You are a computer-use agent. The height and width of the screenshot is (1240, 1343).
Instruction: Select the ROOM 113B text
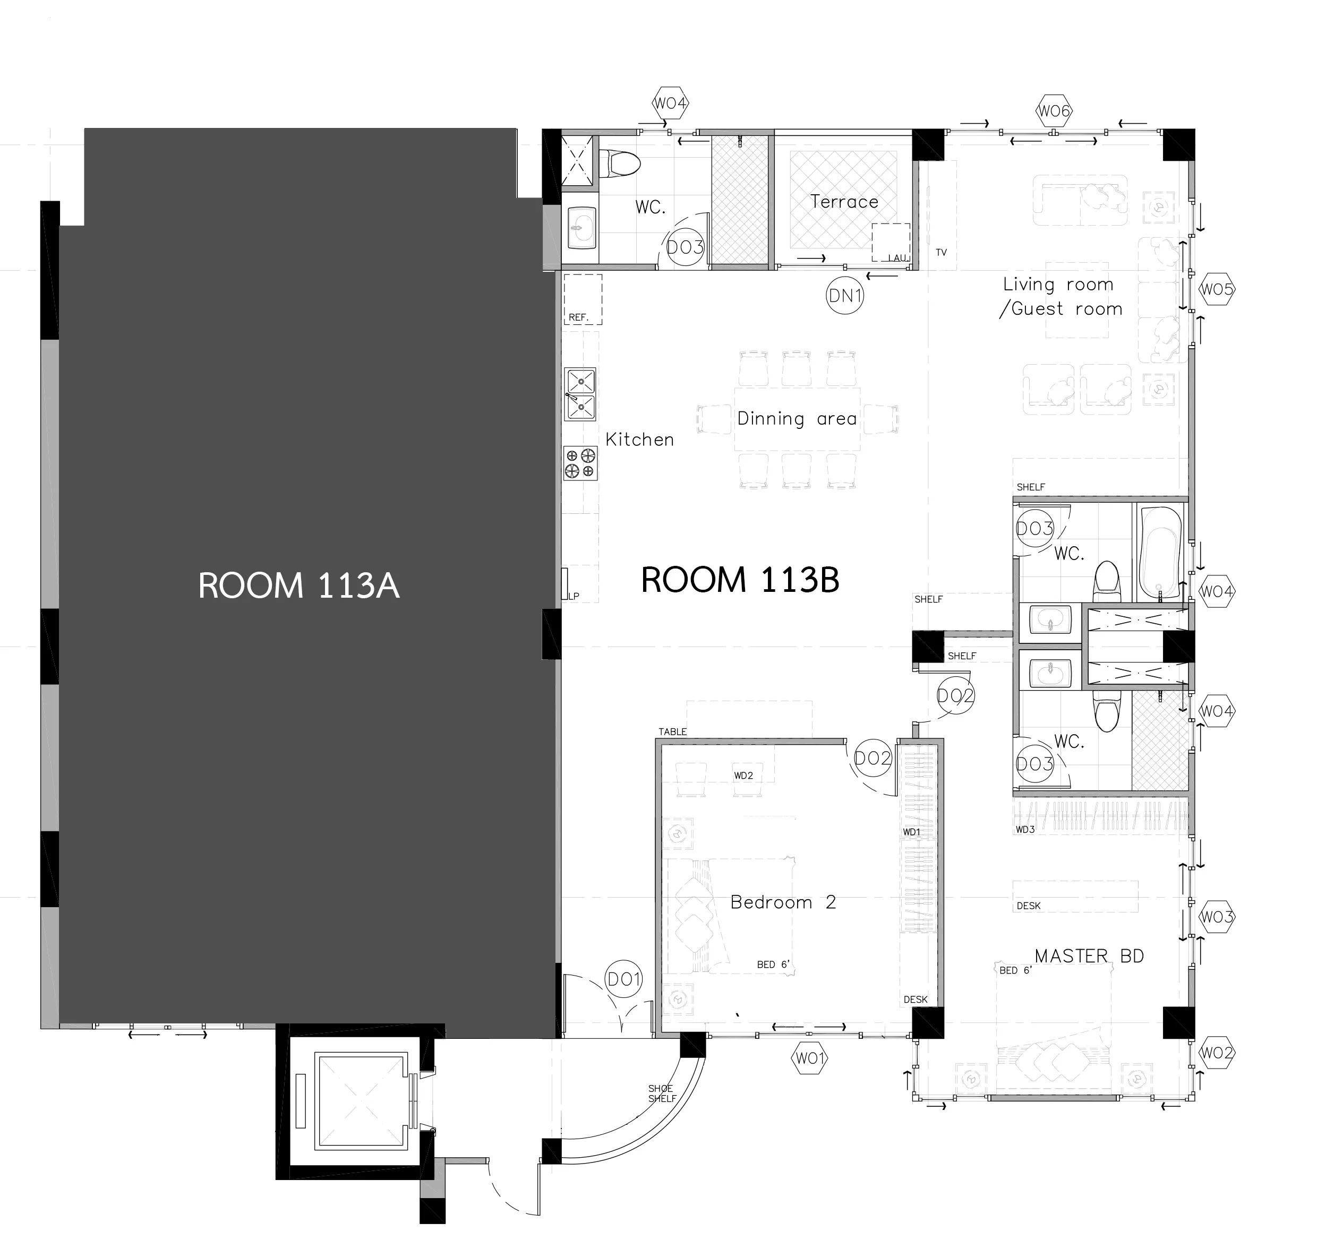point(740,580)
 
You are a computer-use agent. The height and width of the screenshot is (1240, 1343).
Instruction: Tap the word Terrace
point(844,201)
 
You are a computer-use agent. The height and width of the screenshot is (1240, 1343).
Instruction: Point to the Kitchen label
point(639,440)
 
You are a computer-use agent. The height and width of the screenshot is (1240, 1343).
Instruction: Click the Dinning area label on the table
point(797,419)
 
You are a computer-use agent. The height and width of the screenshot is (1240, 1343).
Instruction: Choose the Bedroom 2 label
point(783,902)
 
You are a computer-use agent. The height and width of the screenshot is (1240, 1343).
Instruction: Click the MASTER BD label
point(1089,955)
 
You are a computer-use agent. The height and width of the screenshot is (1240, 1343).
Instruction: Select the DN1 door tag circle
point(845,295)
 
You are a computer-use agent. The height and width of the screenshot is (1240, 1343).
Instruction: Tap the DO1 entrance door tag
point(624,980)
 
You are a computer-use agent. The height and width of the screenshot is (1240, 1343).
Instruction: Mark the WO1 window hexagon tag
point(809,1058)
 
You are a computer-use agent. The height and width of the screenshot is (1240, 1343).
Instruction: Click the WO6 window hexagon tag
point(1054,111)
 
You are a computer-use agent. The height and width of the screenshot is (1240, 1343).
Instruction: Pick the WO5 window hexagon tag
point(1217,289)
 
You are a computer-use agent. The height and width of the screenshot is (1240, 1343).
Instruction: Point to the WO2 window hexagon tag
point(1216,1053)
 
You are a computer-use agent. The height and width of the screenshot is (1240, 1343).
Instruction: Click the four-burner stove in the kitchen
point(580,463)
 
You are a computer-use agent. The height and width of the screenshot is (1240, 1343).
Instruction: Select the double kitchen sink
point(580,393)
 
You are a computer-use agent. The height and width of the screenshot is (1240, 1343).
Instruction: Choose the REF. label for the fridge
point(578,317)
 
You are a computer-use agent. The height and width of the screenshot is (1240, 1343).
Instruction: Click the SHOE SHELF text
point(662,1093)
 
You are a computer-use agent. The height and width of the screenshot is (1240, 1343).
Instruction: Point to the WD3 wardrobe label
point(1025,829)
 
